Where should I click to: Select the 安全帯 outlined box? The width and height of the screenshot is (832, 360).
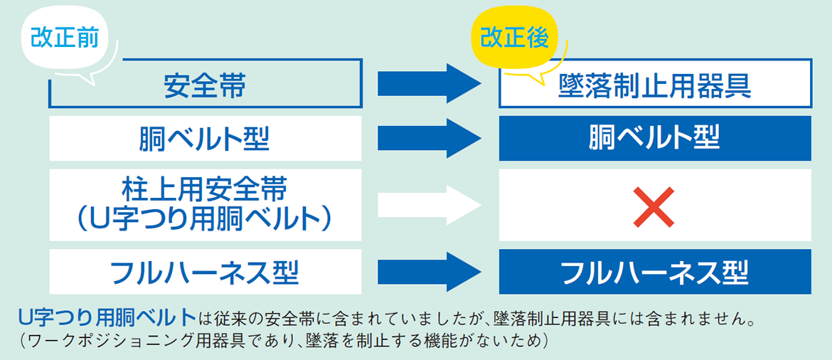pyautogui.click(x=205, y=86)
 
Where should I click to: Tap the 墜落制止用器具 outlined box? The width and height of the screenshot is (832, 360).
pyautogui.click(x=654, y=86)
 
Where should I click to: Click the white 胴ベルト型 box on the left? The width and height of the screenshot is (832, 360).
pyautogui.click(x=205, y=138)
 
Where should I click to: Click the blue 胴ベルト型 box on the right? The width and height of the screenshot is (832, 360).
pyautogui.click(x=654, y=138)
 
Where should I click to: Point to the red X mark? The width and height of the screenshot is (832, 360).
pyautogui.click(x=654, y=207)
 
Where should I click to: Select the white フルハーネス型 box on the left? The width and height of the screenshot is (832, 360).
pyautogui.click(x=205, y=272)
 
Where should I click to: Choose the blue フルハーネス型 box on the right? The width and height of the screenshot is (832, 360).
pyautogui.click(x=654, y=272)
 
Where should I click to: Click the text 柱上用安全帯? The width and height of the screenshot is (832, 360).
pyautogui.click(x=205, y=191)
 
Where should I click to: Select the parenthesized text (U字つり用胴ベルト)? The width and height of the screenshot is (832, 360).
pyautogui.click(x=205, y=221)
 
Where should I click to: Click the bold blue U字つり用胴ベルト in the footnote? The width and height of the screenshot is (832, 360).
pyautogui.click(x=107, y=316)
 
